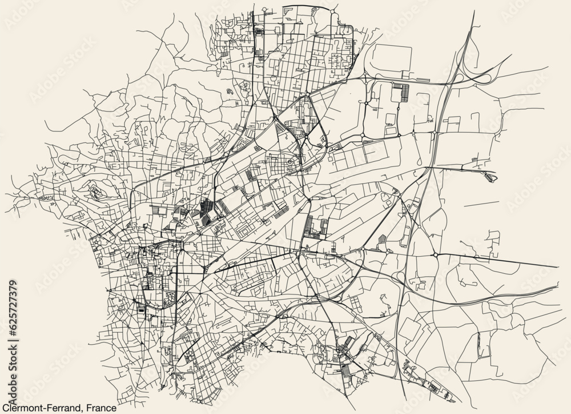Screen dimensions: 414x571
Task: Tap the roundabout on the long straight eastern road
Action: pyautogui.click(x=436, y=254)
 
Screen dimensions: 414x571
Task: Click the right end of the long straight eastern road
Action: pyautogui.click(x=557, y=267)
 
